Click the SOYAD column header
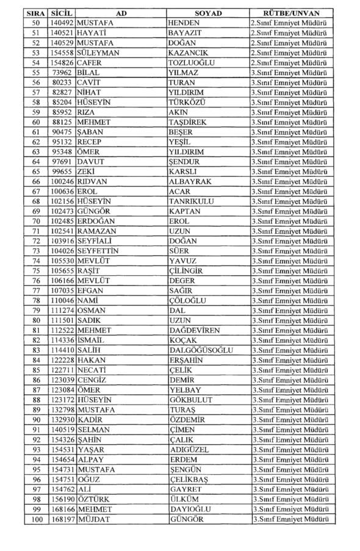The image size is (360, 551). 207,13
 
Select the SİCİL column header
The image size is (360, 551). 61,13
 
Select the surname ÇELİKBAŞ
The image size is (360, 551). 190,479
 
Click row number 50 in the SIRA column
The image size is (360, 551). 36,23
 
